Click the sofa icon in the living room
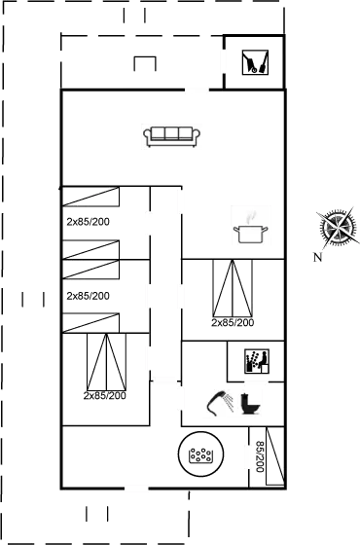171,137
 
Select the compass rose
336,226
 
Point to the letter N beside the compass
318,257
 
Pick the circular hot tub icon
199,454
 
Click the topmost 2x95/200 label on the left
88,223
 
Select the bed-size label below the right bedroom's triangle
233,322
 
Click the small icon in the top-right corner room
255,62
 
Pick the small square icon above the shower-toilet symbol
254,361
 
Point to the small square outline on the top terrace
145,63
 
